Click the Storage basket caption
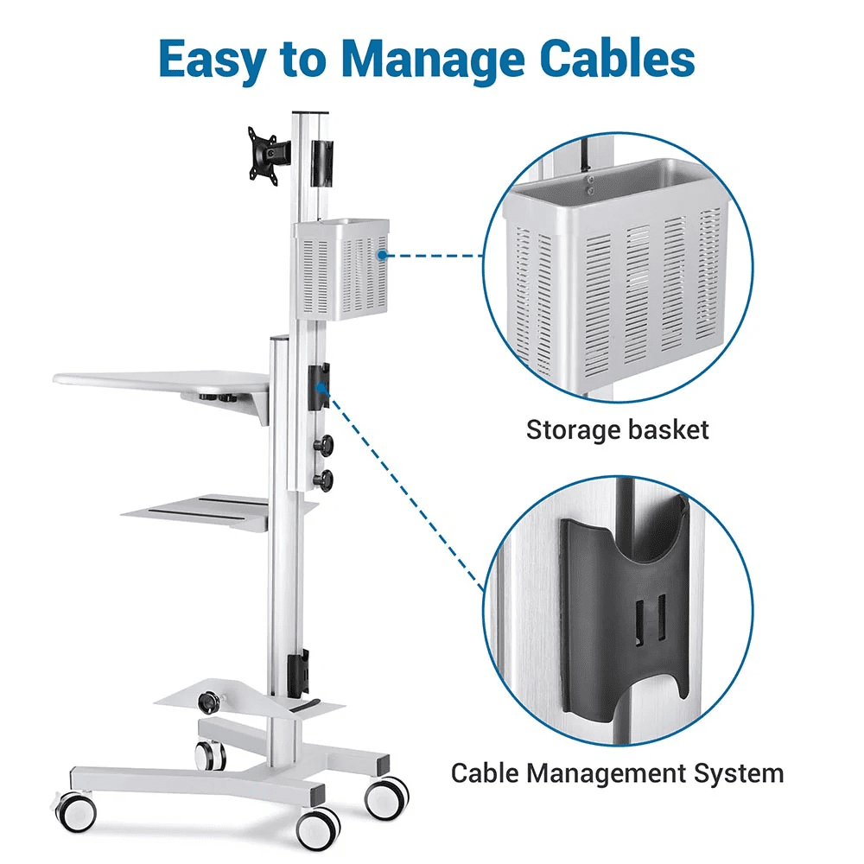coord(617,429)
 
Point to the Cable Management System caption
coord(617,772)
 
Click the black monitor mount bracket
coord(267,154)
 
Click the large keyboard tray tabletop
coord(164,380)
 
